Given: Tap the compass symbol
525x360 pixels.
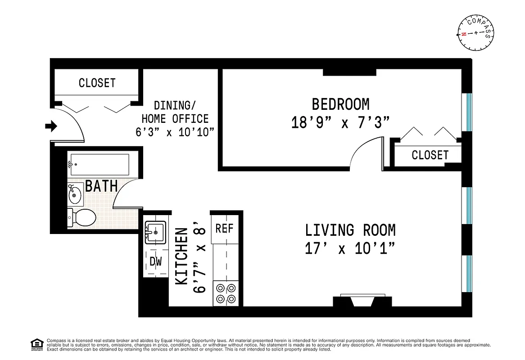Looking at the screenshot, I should (x=476, y=34).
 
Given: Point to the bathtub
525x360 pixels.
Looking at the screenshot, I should (x=99, y=164).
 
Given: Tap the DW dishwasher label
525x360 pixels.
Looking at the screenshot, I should (x=155, y=261).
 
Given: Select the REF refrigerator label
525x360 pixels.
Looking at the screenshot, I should (x=224, y=228).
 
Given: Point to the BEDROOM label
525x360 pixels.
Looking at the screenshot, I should (x=340, y=104).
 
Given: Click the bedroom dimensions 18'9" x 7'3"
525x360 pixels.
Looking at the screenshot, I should (x=340, y=122).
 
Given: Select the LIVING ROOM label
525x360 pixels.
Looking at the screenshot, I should (x=350, y=230).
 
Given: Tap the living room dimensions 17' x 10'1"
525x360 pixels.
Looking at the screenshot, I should (x=350, y=248).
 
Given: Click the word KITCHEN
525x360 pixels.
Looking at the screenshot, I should (x=181, y=256).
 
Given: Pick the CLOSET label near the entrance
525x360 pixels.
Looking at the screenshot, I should (x=97, y=83).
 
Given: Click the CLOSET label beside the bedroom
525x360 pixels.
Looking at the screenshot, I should (x=430, y=155).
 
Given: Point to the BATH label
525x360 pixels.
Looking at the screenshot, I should (x=101, y=186).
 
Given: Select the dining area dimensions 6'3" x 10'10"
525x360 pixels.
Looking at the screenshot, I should (x=175, y=132).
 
